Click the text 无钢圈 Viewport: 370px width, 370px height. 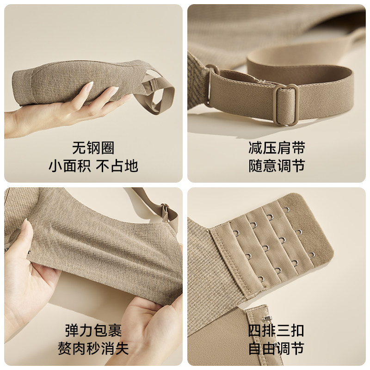pos(93,148)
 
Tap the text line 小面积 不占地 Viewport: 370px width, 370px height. pos(93,166)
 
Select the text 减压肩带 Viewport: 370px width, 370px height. pos(277,148)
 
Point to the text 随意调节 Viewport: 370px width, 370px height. pos(277,166)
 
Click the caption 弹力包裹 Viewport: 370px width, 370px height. pos(93,331)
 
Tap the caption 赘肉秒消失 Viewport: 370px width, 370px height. pos(93,348)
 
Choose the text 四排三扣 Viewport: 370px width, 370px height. pos(277,331)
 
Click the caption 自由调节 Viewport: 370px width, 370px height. pos(277,348)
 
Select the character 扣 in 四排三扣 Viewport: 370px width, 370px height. pos(297,331)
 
